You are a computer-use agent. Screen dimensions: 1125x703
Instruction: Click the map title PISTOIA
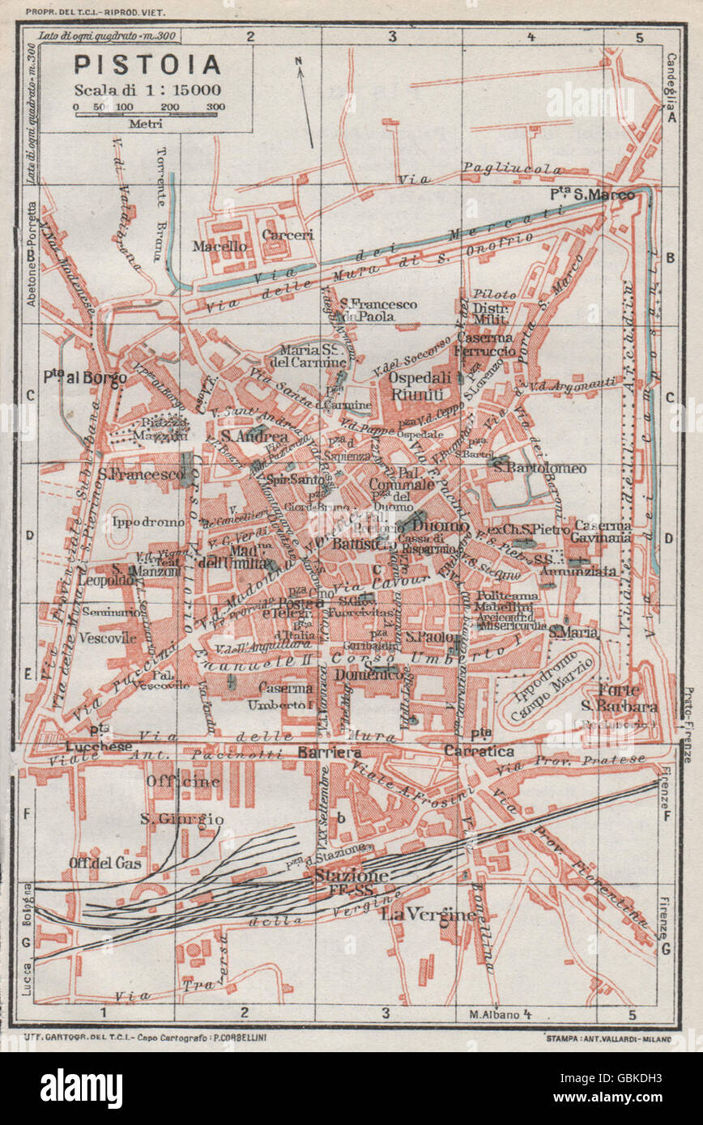point(147,65)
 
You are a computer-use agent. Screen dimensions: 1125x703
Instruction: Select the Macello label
point(219,246)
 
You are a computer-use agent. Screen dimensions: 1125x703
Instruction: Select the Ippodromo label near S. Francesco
point(148,522)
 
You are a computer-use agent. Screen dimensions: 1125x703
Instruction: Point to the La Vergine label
point(428,915)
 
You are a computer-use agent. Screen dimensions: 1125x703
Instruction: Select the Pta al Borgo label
point(83,378)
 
